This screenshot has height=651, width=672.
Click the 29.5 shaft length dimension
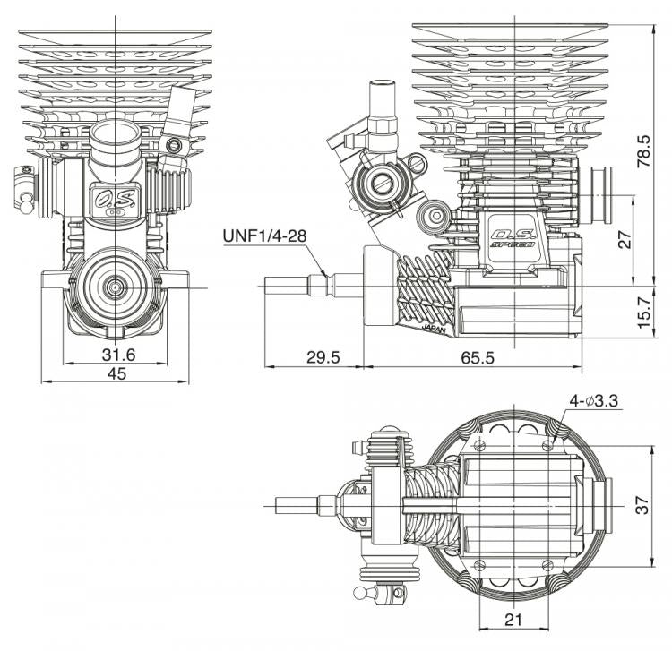323,357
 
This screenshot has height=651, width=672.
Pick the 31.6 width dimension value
116,355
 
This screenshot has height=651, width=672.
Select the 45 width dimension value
116,374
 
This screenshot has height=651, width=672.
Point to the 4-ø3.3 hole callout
594,402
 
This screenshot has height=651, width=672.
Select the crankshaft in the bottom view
305,505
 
